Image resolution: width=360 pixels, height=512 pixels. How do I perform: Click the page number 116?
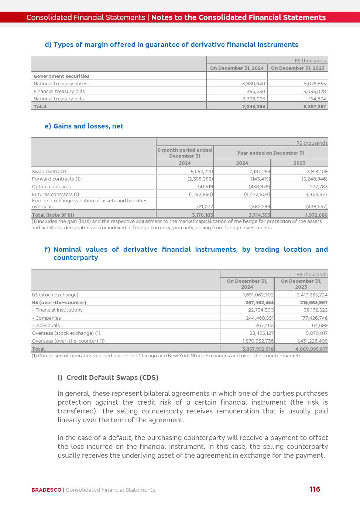tap(315, 489)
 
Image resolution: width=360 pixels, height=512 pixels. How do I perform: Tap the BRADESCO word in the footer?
tap(46, 490)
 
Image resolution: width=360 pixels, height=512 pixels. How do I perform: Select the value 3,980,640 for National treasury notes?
tap(253, 84)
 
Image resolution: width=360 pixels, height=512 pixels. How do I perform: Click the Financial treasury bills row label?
tap(59, 91)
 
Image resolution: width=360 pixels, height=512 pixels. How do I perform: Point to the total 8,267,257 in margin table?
tap(315, 106)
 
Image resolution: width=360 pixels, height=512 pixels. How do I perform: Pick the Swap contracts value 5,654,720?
tap(202, 172)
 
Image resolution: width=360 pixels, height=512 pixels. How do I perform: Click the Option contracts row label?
tap(51, 187)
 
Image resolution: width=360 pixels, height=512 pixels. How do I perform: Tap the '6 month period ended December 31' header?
tap(185, 153)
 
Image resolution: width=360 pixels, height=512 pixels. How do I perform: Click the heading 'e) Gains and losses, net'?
tap(84, 126)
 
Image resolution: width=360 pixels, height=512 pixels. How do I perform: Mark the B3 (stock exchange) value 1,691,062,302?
tap(258, 295)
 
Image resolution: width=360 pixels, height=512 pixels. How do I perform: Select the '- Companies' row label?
tap(46, 318)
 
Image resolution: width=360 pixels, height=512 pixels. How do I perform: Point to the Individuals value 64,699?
tap(319, 326)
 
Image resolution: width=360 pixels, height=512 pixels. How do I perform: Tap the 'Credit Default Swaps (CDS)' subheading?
tap(112, 378)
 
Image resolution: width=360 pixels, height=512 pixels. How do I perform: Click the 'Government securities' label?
tap(61, 76)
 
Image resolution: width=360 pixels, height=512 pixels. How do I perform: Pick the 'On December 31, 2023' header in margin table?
tap(298, 68)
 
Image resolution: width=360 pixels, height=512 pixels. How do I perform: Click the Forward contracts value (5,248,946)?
tap(314, 179)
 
